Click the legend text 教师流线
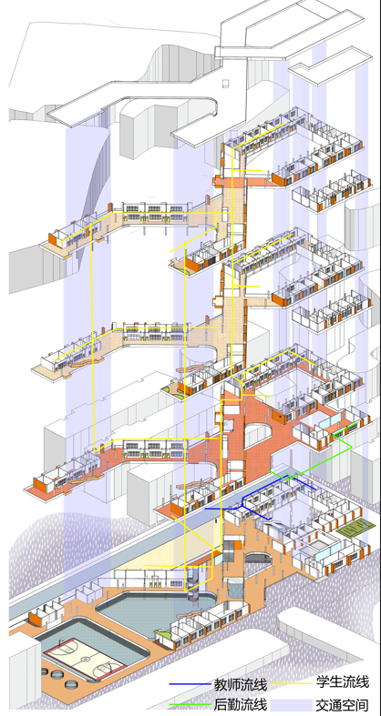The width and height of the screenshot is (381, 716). [240, 684]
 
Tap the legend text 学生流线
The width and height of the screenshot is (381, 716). [343, 682]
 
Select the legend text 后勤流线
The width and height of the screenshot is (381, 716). [240, 703]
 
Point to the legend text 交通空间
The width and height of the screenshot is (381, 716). [343, 704]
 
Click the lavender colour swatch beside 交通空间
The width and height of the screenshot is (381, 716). [292, 704]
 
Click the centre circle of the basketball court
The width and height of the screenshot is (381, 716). [85, 659]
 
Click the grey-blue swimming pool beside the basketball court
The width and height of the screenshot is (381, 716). [153, 612]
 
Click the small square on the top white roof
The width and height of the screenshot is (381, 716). [226, 83]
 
